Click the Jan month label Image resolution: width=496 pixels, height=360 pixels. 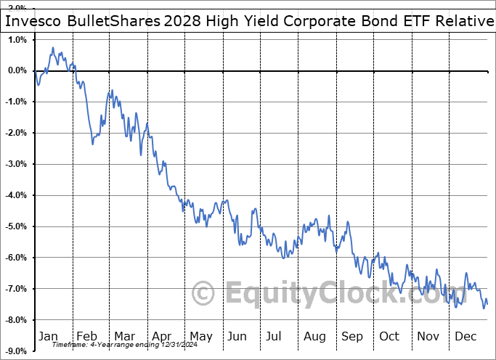(x=48, y=336)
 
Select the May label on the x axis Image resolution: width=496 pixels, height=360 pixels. (x=200, y=336)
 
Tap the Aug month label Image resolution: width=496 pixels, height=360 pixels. (x=314, y=336)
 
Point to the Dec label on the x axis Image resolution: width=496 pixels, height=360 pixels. (x=465, y=336)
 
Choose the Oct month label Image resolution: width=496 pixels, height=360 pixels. (x=389, y=336)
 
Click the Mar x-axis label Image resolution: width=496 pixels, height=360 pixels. (x=123, y=336)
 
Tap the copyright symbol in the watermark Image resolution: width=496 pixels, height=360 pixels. (x=203, y=294)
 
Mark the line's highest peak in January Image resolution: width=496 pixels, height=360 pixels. (x=53, y=48)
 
